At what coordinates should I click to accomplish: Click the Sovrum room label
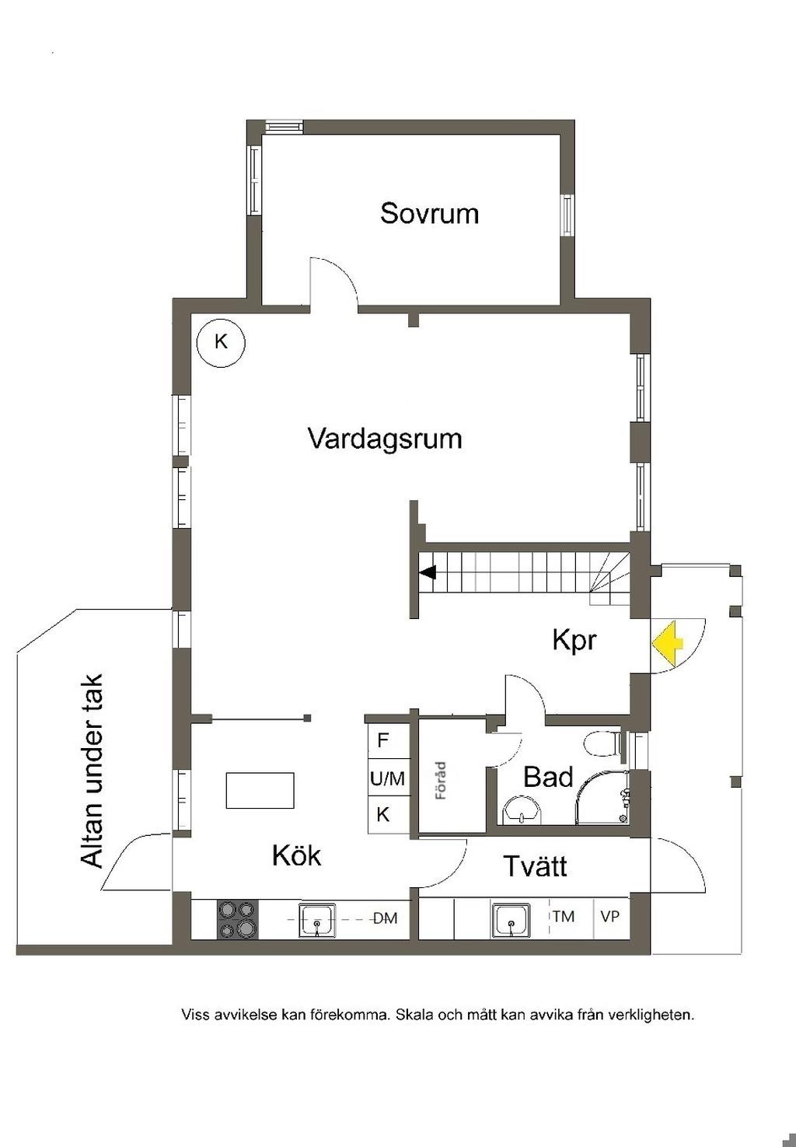[429, 213]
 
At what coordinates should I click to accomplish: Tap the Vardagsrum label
[385, 439]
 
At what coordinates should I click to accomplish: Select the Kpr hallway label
[574, 641]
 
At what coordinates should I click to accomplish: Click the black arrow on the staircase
[428, 572]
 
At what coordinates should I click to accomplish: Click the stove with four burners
[238, 920]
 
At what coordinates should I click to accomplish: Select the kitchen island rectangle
[260, 791]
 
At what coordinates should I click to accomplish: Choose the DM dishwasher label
[385, 918]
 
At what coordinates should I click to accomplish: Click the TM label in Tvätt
[563, 916]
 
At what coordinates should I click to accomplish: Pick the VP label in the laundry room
[609, 916]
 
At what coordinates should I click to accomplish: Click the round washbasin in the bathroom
[522, 810]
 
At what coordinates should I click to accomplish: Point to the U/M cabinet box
[389, 778]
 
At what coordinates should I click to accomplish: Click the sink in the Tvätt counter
[511, 920]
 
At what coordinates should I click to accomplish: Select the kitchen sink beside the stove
[317, 920]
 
